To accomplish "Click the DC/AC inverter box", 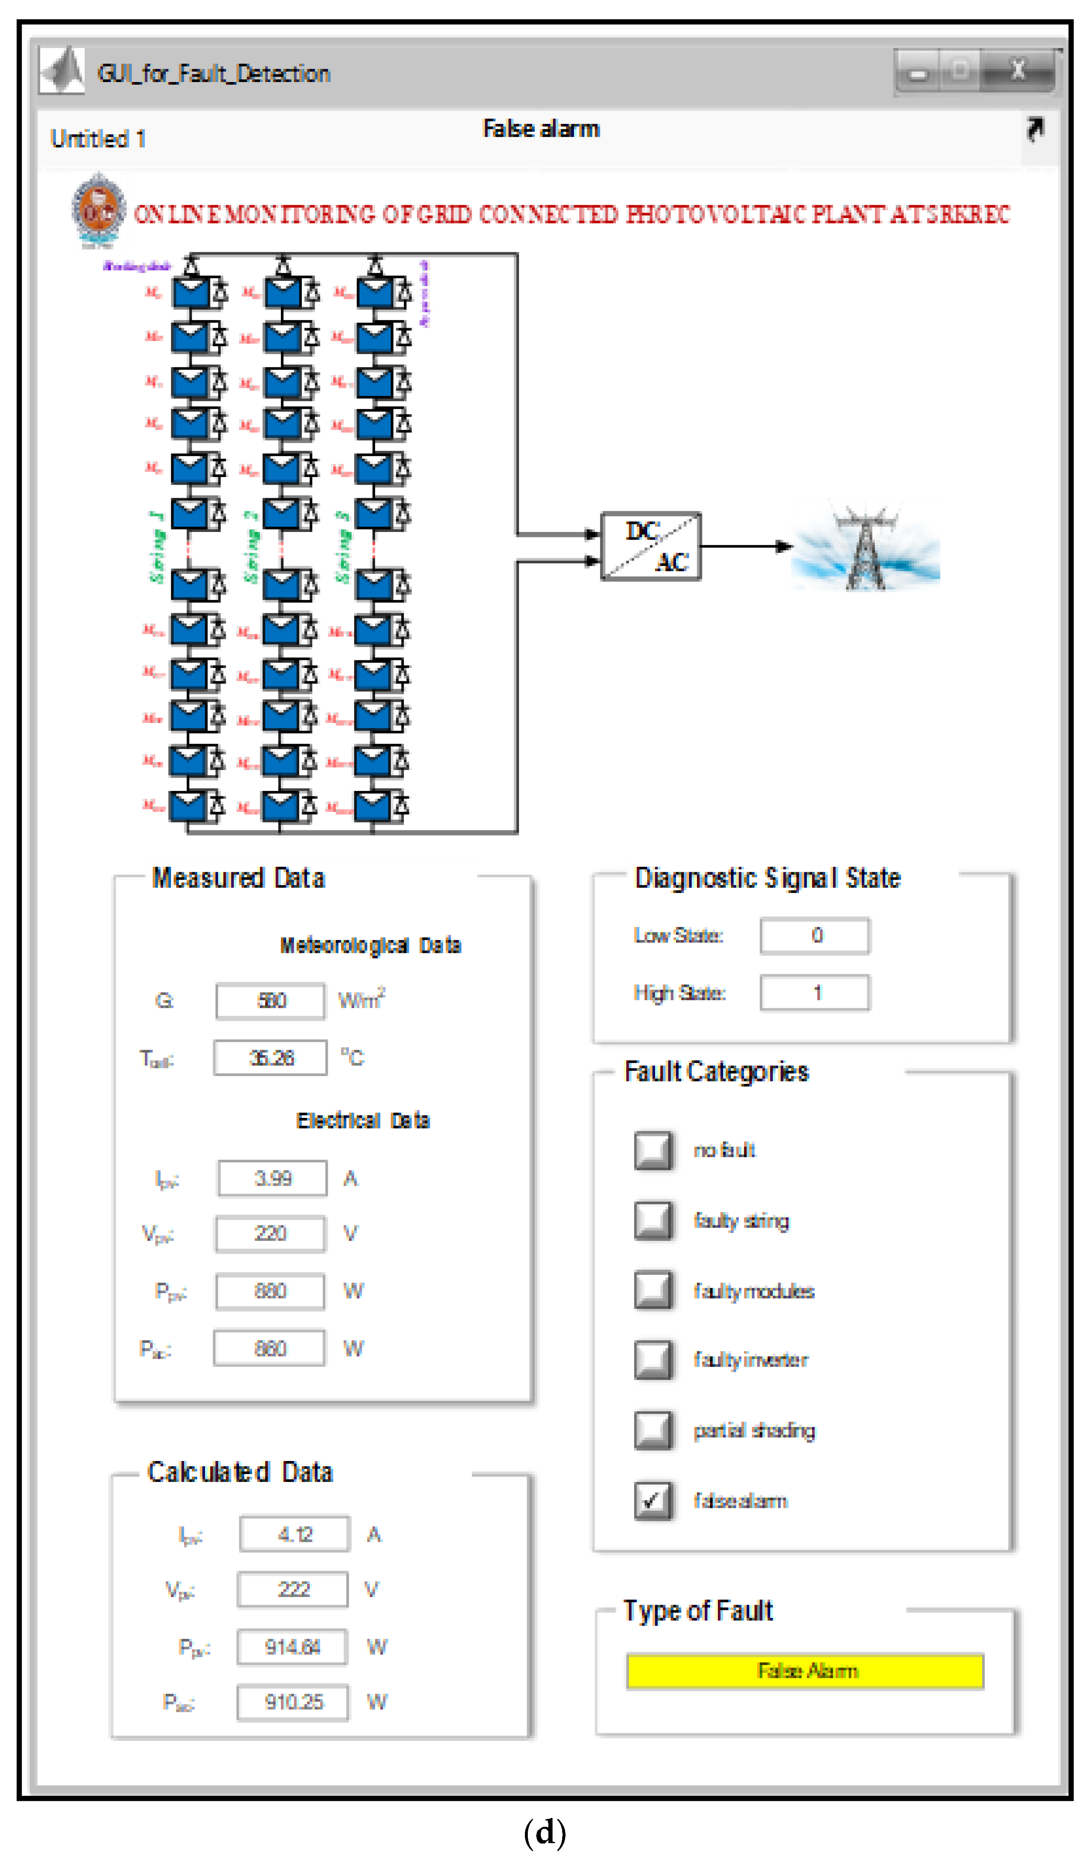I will click(x=650, y=546).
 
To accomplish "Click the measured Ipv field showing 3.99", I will click(x=272, y=1178).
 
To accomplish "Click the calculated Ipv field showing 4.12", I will click(x=294, y=1534).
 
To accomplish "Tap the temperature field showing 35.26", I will click(x=270, y=1058).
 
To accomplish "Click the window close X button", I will click(x=1018, y=71).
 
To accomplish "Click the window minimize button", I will click(x=918, y=73).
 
